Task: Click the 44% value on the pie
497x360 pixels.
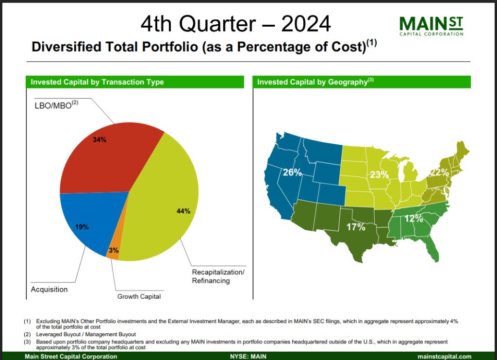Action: pyautogui.click(x=183, y=211)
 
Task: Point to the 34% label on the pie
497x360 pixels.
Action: pyautogui.click(x=99, y=139)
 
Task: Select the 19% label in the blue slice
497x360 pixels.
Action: pyautogui.click(x=82, y=226)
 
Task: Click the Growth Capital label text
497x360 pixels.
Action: pyautogui.click(x=139, y=296)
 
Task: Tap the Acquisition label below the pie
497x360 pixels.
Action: pyautogui.click(x=49, y=290)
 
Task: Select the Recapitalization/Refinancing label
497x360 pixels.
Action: pyautogui.click(x=218, y=276)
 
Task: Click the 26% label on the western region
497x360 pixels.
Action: pyautogui.click(x=292, y=172)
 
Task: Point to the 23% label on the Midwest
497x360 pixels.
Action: pyautogui.click(x=380, y=174)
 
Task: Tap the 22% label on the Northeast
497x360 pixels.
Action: pyautogui.click(x=439, y=172)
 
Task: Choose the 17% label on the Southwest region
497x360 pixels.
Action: pyautogui.click(x=355, y=227)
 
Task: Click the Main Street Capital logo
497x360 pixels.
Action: pyautogui.click(x=431, y=25)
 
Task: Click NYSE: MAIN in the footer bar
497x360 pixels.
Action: pyautogui.click(x=248, y=357)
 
